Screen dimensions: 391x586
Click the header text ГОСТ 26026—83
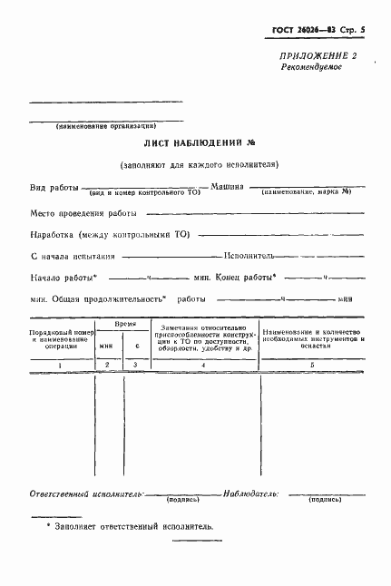(x=300, y=29)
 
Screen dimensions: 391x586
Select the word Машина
(x=226, y=186)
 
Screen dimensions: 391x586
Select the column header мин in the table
(x=107, y=346)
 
